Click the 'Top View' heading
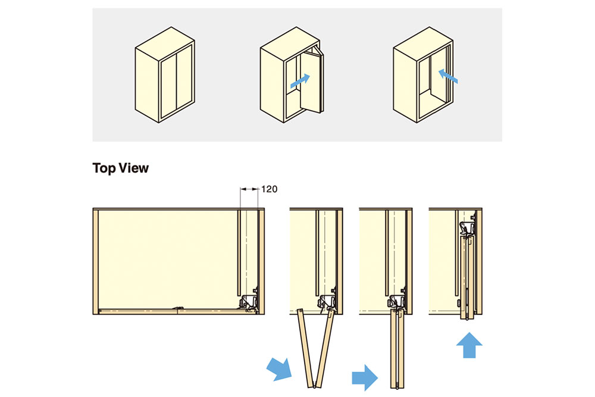pyautogui.click(x=120, y=168)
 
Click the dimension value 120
pyautogui.click(x=269, y=189)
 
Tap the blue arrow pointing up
pyautogui.click(x=469, y=345)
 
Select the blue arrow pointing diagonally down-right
pyautogui.click(x=279, y=368)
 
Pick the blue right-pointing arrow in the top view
pyautogui.click(x=365, y=377)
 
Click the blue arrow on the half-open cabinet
pyautogui.click(x=300, y=81)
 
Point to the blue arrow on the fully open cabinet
pyautogui.click(x=448, y=76)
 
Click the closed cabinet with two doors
pyautogui.click(x=165, y=75)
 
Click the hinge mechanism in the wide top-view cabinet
pyautogui.click(x=249, y=301)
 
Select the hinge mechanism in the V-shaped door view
pyautogui.click(x=327, y=301)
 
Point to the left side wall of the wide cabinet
pyautogui.click(x=96, y=261)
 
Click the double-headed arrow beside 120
pyautogui.click(x=249, y=189)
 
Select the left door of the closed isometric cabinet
pyautogui.click(x=169, y=88)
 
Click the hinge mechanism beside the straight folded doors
pyautogui.click(x=396, y=301)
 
